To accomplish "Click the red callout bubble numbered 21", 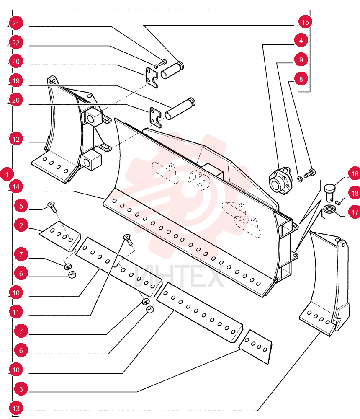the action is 16,23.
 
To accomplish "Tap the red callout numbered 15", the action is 305,22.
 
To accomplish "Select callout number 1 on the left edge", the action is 7,174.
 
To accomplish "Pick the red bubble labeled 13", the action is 16,408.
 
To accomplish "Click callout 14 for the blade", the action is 16,186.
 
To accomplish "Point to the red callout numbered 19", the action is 16,81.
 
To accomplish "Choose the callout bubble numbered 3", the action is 21,389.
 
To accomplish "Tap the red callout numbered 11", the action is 16,312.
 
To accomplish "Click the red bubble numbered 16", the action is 355,174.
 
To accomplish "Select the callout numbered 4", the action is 301,40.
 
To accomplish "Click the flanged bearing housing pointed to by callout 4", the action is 280,181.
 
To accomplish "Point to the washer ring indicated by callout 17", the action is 329,209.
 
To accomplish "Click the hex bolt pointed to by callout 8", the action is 310,173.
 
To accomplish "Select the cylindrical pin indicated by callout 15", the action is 172,70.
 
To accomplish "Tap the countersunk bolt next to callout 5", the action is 52,207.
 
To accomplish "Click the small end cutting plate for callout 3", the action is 255,347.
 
